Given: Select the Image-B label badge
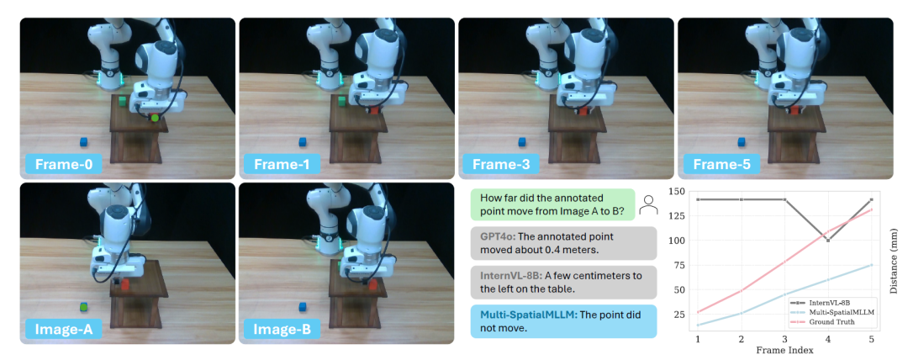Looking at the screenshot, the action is click(x=282, y=329).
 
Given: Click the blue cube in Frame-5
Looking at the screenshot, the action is click(x=742, y=141).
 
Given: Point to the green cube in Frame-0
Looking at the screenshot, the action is click(x=122, y=102).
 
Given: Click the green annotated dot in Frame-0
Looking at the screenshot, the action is click(x=155, y=119).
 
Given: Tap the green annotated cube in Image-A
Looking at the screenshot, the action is click(x=84, y=306).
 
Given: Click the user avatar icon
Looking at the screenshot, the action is click(x=648, y=204).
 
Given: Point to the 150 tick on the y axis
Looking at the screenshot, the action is click(x=677, y=191).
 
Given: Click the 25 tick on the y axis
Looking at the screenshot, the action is click(x=679, y=315).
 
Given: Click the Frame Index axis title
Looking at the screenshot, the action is click(x=784, y=350).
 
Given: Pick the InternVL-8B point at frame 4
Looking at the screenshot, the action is click(x=828, y=240).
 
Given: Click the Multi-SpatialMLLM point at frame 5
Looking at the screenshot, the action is click(x=872, y=265).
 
